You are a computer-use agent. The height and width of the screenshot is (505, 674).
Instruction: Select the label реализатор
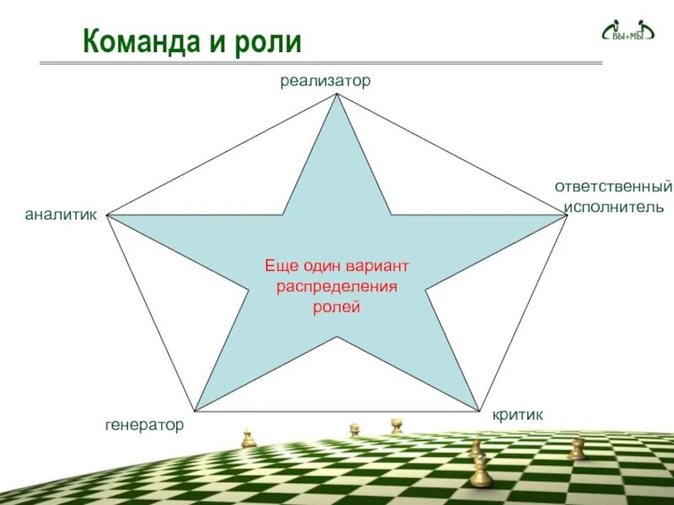point(325,81)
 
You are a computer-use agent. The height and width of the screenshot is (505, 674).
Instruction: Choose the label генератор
point(144,426)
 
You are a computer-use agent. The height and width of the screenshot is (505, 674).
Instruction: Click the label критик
point(518,415)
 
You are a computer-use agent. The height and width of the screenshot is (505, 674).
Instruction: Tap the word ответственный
point(613,186)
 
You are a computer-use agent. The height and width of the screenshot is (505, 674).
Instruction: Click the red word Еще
point(281,266)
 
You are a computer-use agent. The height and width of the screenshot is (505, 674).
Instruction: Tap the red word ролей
point(337,308)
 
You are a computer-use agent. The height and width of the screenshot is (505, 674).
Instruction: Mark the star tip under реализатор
point(337,95)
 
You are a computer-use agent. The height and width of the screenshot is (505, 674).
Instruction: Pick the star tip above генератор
point(197,409)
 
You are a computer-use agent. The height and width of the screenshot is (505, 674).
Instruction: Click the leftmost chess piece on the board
point(248,439)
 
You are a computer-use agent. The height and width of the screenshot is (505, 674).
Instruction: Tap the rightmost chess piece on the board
point(576,449)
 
